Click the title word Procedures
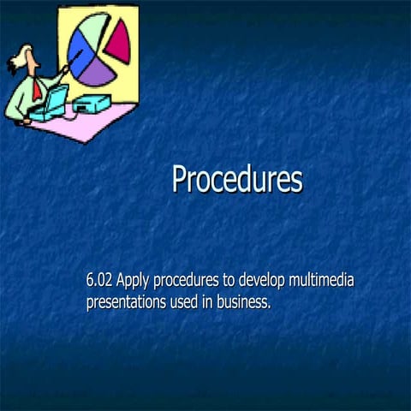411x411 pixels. [237, 180]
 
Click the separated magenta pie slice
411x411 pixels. [117, 39]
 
